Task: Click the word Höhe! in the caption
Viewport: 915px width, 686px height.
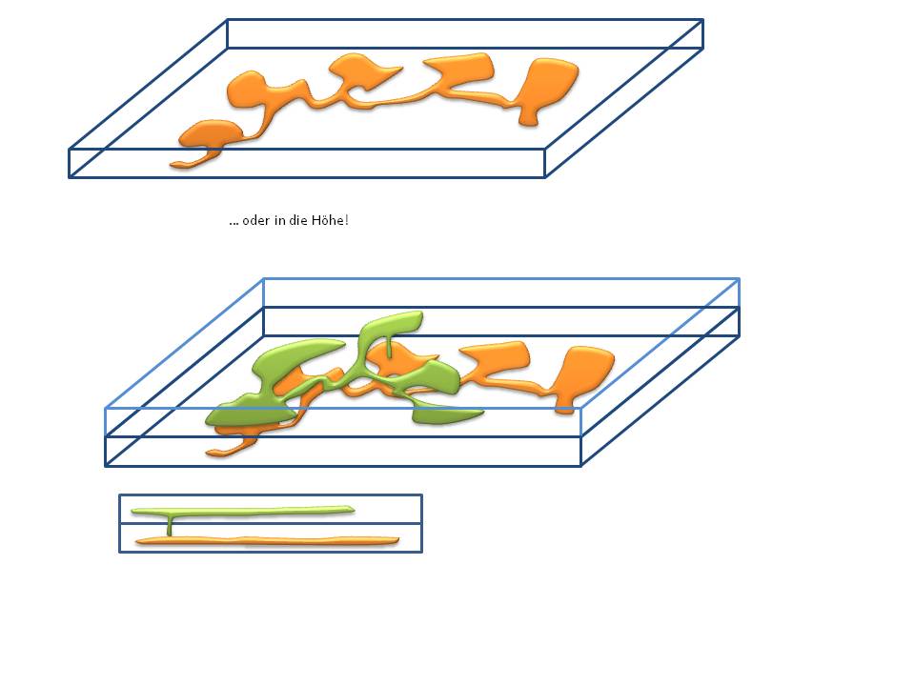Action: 330,220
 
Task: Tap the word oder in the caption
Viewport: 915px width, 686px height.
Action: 255,220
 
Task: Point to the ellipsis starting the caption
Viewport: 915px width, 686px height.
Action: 234,223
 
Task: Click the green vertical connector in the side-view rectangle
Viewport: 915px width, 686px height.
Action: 170,526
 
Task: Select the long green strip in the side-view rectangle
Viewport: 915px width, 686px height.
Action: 243,511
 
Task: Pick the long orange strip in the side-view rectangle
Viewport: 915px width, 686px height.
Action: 267,541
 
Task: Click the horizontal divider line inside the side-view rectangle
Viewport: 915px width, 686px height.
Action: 271,523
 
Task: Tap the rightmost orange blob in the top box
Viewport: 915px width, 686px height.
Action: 546,88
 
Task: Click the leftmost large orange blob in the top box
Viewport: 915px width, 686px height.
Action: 210,134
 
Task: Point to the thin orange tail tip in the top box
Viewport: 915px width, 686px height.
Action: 173,165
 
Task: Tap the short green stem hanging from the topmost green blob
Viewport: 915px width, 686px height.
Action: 389,347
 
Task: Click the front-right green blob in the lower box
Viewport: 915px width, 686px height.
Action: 445,414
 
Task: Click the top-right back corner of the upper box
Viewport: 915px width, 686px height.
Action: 702,20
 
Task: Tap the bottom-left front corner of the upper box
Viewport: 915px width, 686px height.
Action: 70,177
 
